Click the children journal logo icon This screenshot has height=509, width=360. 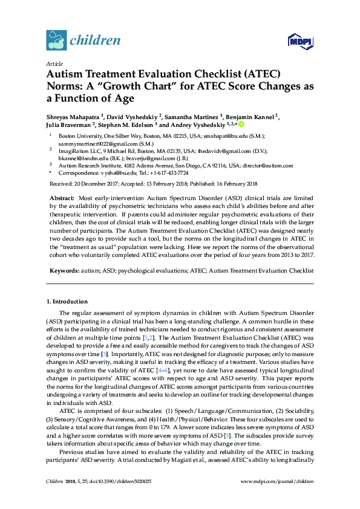[56, 41]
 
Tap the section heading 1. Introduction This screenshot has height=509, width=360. [67, 301]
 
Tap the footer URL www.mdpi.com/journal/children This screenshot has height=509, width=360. [277, 498]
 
